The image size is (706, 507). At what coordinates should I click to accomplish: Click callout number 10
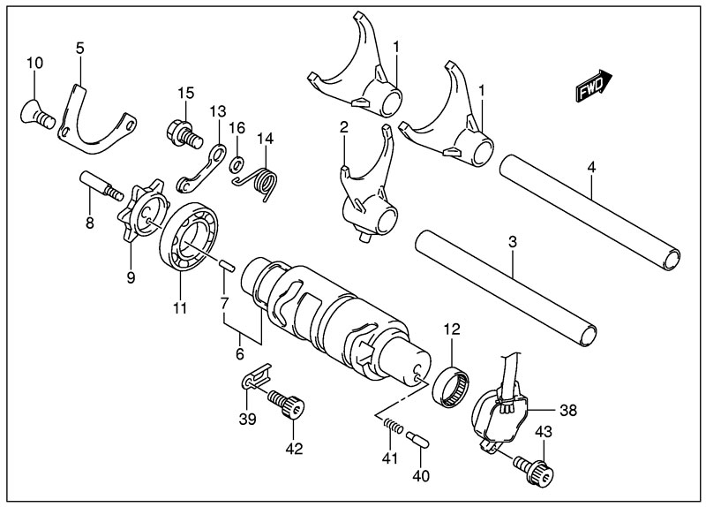34,63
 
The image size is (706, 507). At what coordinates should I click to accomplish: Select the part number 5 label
80,48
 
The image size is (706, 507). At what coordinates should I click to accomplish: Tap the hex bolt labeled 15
181,131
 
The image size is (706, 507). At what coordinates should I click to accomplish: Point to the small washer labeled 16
237,164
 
